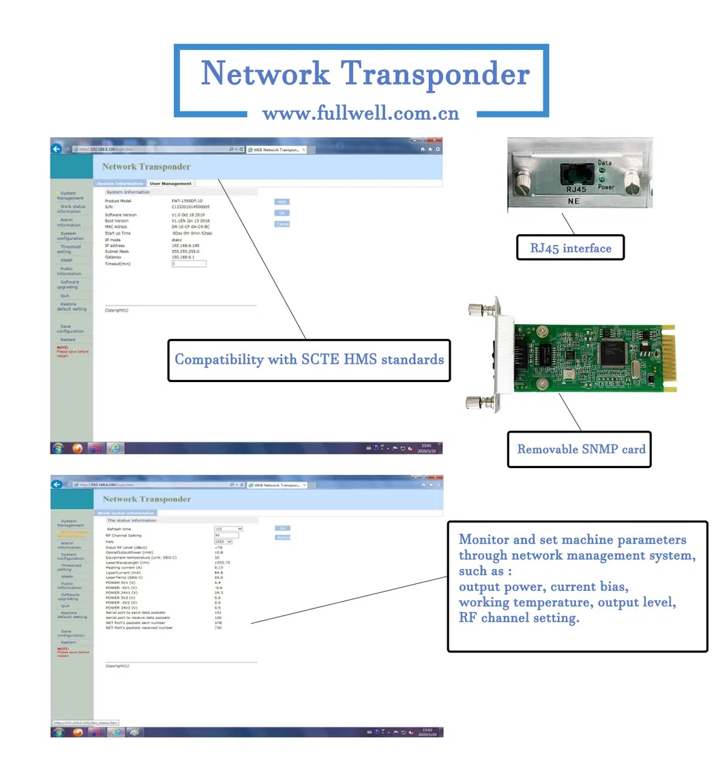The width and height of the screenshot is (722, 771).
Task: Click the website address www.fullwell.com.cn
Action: point(361,113)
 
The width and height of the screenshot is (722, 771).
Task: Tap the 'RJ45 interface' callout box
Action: point(570,248)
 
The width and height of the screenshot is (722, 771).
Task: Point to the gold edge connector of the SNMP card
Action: point(670,358)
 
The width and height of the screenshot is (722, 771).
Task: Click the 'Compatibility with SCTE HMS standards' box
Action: point(309,360)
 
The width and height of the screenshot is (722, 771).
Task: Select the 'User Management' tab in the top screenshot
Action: point(170,184)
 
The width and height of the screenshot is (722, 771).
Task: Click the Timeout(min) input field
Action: point(189,263)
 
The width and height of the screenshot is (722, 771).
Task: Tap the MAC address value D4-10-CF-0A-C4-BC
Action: point(191,227)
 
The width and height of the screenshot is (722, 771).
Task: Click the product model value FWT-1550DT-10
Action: point(187,201)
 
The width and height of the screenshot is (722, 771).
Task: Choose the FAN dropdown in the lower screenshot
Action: point(224,542)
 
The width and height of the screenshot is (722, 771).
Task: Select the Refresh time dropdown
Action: point(228,529)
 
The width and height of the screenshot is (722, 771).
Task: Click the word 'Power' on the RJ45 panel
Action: point(606,186)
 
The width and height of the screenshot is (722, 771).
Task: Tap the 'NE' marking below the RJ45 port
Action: point(574,202)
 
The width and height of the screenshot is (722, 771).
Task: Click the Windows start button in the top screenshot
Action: point(59,448)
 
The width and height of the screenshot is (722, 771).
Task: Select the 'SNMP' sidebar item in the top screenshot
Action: point(66,260)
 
